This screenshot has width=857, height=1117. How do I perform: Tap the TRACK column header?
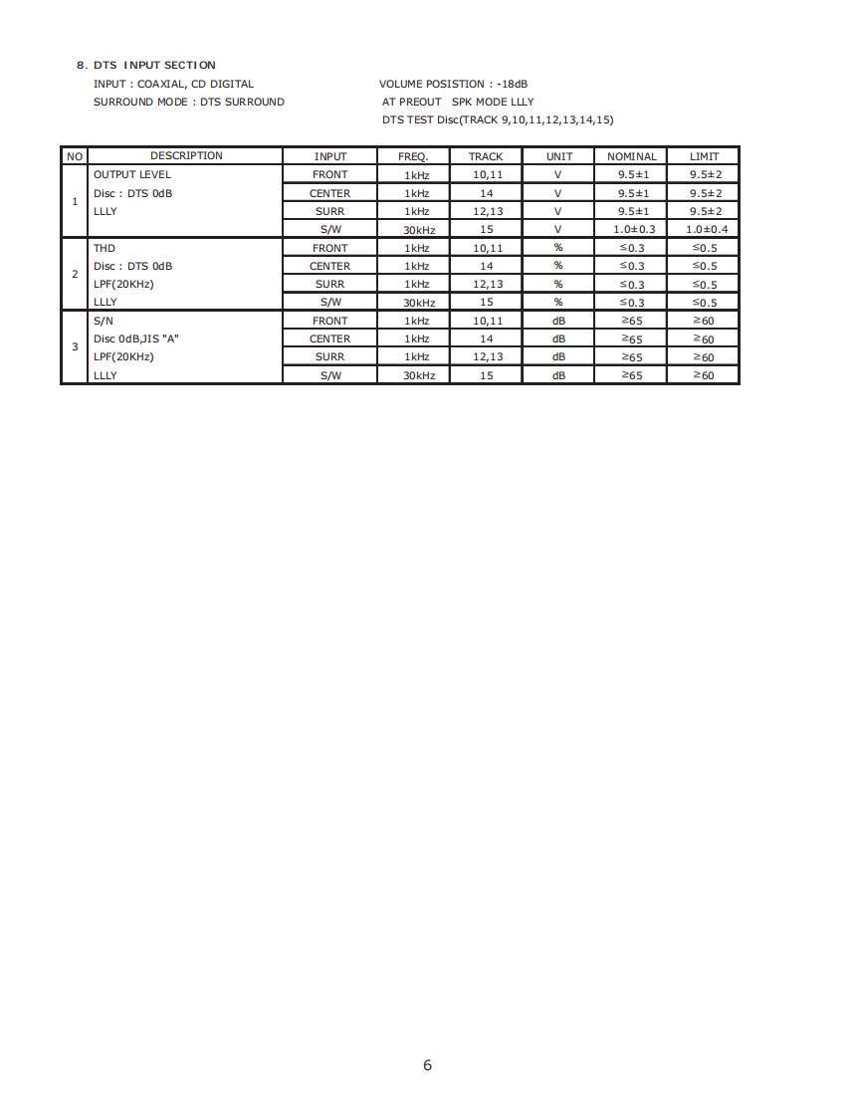[x=486, y=156]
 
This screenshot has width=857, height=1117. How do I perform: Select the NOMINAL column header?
[x=632, y=156]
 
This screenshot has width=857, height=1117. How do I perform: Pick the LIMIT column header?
[x=704, y=156]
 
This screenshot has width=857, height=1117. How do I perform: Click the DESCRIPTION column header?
[x=186, y=155]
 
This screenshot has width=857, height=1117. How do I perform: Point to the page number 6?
[x=428, y=1065]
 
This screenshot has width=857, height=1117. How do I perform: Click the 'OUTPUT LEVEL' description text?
[x=132, y=174]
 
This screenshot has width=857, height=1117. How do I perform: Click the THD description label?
[x=105, y=248]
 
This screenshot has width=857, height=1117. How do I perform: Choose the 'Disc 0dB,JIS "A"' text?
[x=136, y=338]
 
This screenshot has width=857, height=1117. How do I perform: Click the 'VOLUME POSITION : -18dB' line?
[x=453, y=84]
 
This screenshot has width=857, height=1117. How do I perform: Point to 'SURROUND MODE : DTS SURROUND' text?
[x=188, y=102]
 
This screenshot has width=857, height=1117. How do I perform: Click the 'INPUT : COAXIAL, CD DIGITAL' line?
[x=173, y=84]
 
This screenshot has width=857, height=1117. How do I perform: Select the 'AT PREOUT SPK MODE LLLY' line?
[x=458, y=102]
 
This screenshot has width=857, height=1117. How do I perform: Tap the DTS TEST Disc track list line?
[x=498, y=119]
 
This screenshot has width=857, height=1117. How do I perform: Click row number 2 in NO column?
[x=75, y=274]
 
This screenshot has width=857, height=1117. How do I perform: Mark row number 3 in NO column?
[x=75, y=346]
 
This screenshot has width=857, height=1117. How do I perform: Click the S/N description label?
[x=104, y=321]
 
